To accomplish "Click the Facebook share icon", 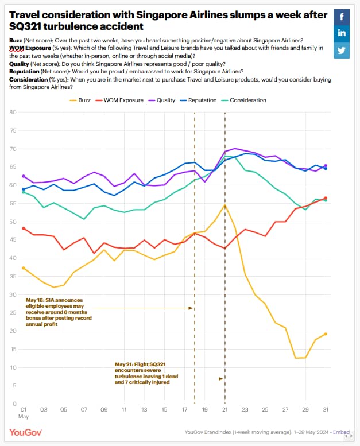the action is (342, 17).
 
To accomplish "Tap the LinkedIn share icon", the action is (342, 33).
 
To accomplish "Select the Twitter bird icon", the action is (342, 51).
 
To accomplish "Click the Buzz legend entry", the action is (80, 100).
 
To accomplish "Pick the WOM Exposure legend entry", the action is (119, 100).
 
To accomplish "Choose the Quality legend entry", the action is (162, 100).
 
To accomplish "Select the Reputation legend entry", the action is (198, 100).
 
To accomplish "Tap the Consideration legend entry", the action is (244, 100).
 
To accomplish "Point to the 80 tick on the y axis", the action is (13, 112).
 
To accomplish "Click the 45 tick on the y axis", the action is (13, 240).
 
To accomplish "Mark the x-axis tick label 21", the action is (225, 409).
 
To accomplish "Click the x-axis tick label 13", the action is (144, 409).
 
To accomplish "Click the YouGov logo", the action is (26, 432).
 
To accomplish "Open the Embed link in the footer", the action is (341, 432).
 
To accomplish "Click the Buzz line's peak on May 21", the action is (225, 205).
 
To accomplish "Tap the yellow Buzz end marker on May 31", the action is (326, 334).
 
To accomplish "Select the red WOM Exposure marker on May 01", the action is (24, 228).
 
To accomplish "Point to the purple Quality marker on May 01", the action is (24, 176).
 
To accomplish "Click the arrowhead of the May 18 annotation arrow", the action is (191, 308).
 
